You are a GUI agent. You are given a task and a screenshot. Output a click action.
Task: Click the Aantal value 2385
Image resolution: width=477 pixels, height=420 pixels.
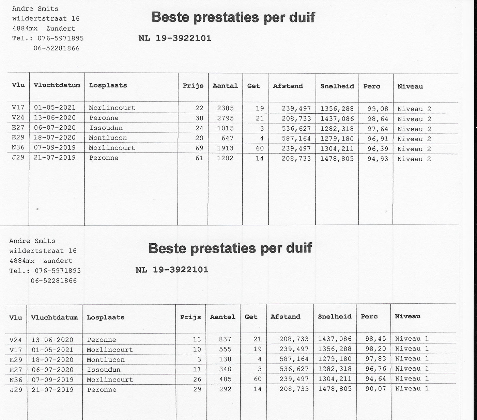[225, 108]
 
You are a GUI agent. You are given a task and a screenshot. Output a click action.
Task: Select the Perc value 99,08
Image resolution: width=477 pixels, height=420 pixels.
[378, 109]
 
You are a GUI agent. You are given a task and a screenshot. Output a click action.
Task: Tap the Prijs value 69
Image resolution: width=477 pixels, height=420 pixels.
[199, 148]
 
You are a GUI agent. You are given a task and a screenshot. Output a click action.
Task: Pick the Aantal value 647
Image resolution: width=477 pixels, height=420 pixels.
[227, 138]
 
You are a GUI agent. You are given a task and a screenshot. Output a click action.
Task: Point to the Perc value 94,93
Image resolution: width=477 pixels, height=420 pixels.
[378, 159]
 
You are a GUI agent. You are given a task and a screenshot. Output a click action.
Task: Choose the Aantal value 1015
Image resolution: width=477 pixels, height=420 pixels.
[225, 128]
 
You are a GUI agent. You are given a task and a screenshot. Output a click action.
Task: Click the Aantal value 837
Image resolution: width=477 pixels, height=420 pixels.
[225, 339]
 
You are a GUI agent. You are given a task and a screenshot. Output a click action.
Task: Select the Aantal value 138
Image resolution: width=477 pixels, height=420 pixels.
[225, 359]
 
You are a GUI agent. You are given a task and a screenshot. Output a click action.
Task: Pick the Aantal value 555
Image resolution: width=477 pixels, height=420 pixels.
[225, 349]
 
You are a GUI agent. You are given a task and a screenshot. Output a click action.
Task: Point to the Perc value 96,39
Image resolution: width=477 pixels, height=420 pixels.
[378, 149]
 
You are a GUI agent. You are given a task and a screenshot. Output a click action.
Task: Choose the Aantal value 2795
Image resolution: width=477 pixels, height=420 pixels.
[225, 118]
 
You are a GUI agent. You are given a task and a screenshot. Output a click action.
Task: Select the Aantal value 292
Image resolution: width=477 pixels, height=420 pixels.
[225, 389]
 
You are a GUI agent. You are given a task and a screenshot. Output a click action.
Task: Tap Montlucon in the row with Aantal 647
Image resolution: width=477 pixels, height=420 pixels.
[108, 138]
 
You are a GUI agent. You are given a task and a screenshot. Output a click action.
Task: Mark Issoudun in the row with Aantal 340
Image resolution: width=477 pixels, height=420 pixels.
[103, 370]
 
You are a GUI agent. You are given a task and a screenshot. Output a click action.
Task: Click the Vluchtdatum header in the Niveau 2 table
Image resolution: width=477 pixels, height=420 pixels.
[57, 85]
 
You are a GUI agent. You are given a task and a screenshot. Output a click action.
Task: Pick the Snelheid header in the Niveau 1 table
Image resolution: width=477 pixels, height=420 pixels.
[335, 317]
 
